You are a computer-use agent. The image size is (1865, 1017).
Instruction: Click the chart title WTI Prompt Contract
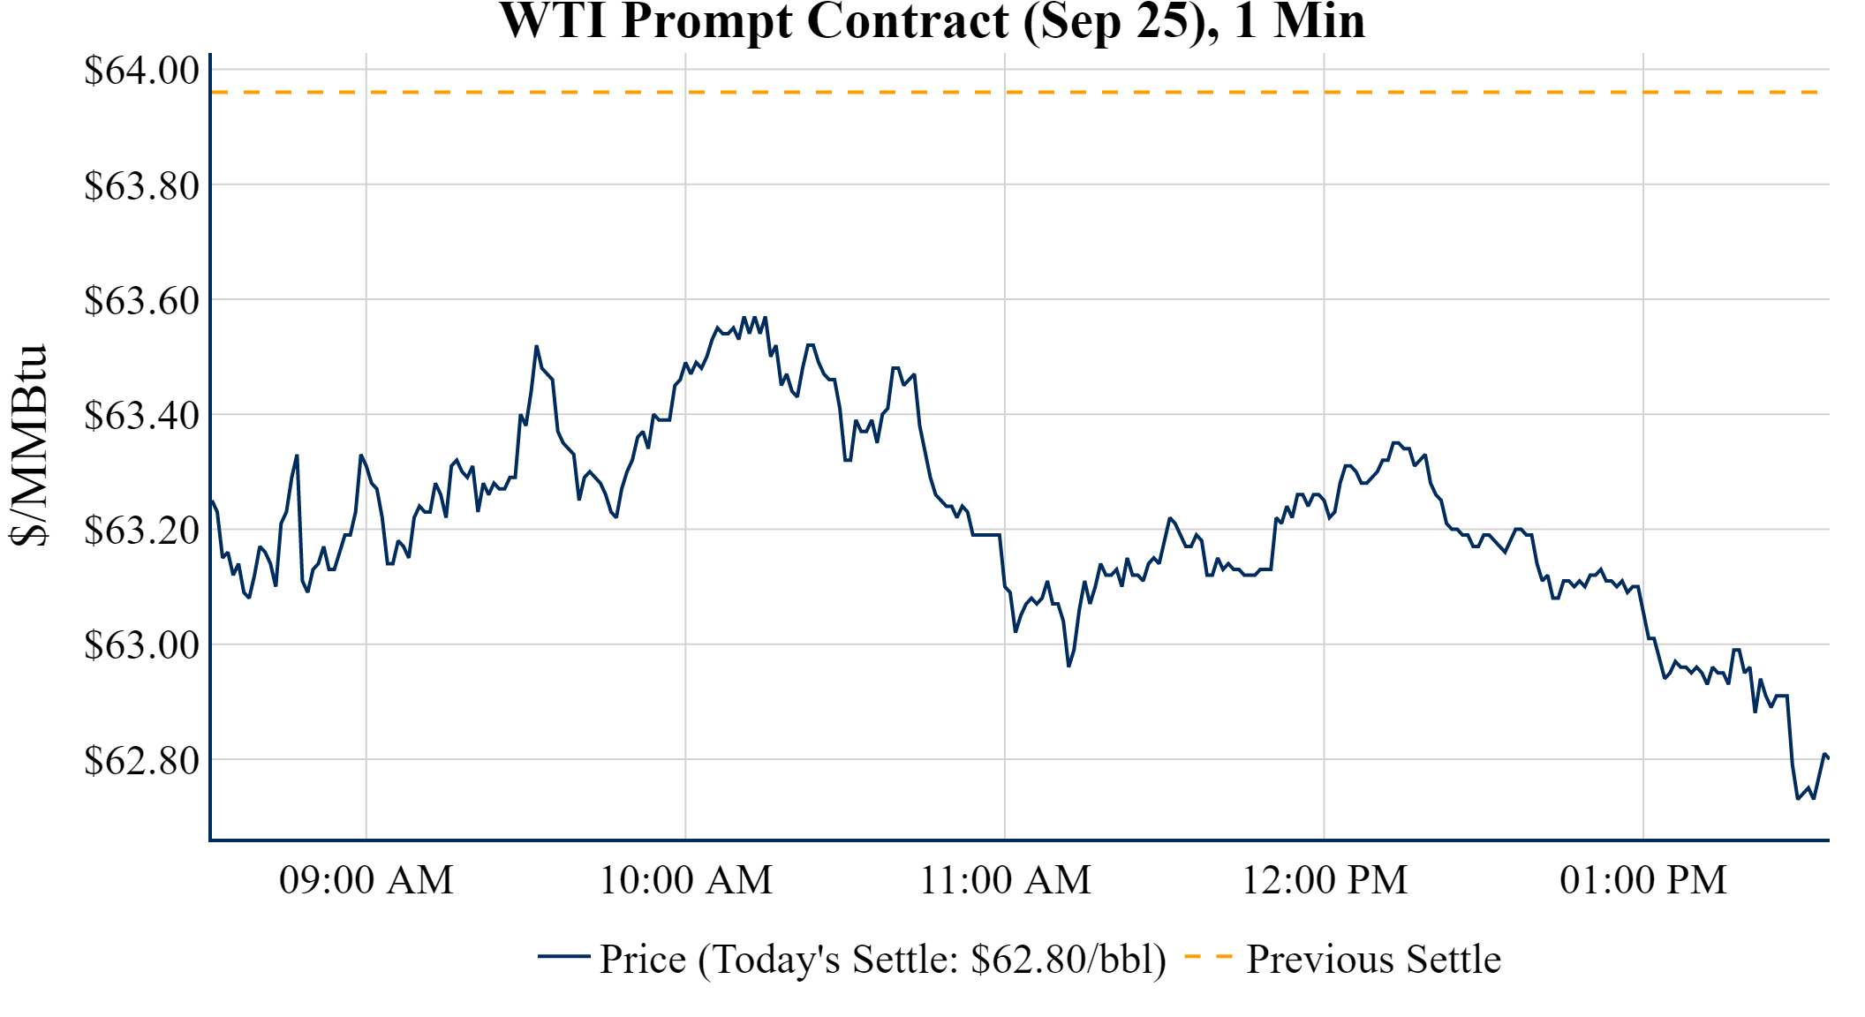pyautogui.click(x=932, y=21)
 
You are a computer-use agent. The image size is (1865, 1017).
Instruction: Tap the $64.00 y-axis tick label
pyautogui.click(x=141, y=71)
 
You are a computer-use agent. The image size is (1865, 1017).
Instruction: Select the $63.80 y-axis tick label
pyautogui.click(x=141, y=185)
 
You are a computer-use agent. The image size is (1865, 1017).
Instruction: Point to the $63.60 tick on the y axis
pyautogui.click(x=141, y=300)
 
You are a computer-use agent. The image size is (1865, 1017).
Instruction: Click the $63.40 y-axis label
pyautogui.click(x=141, y=415)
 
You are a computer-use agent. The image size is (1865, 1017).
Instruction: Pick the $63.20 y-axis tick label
pyautogui.click(x=141, y=530)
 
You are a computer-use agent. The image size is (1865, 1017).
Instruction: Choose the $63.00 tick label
pyautogui.click(x=141, y=644)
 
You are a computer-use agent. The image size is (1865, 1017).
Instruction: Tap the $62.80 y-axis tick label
pyautogui.click(x=141, y=759)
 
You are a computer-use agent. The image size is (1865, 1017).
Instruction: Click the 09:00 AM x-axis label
pyautogui.click(x=366, y=880)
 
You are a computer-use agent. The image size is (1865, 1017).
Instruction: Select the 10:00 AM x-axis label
pyautogui.click(x=686, y=880)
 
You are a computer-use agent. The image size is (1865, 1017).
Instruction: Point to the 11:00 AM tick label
pyautogui.click(x=1005, y=880)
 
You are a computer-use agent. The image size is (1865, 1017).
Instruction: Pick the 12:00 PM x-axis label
pyautogui.click(x=1325, y=880)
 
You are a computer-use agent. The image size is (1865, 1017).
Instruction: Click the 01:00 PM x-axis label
pyautogui.click(x=1643, y=880)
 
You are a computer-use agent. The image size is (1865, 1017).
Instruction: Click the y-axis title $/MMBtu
pyautogui.click(x=28, y=446)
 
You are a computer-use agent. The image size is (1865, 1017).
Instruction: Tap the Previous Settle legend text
pyautogui.click(x=1373, y=960)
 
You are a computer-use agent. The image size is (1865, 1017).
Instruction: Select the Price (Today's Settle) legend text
pyautogui.click(x=883, y=960)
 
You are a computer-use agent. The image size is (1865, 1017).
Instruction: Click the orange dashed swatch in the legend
pyautogui.click(x=1208, y=956)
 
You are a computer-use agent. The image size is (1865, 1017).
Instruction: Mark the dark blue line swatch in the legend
pyautogui.click(x=563, y=956)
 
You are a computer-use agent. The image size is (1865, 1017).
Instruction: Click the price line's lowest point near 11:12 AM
pyautogui.click(x=1068, y=666)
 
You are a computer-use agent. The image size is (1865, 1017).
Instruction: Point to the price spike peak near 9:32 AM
pyautogui.click(x=536, y=346)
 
